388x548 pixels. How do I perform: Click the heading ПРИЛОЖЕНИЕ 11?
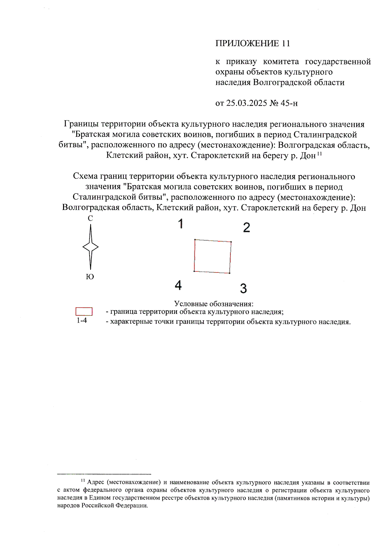click(253, 43)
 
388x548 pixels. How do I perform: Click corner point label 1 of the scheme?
click(181, 224)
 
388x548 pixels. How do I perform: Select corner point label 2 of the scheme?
click(246, 227)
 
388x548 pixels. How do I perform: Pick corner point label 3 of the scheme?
click(243, 288)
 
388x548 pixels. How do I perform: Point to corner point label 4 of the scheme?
click(178, 285)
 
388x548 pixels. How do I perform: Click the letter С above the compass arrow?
click(90, 219)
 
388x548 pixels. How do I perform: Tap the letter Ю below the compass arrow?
click(90, 277)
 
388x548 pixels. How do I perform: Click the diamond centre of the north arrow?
click(91, 247)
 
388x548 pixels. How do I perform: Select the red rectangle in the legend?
click(84, 311)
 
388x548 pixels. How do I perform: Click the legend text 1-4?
click(82, 320)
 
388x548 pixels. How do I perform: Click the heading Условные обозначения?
click(214, 304)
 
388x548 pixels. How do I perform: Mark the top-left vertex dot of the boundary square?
click(195, 240)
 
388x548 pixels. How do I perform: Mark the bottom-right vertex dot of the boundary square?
click(229, 273)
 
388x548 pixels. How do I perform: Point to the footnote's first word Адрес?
click(96, 482)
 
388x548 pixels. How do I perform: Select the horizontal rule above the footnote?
click(104, 474)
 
